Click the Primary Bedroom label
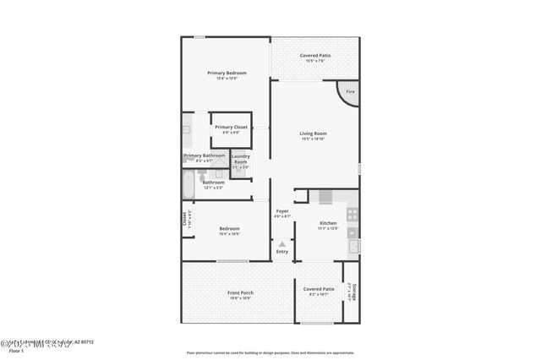pyautogui.click(x=227, y=73)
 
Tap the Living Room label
pyautogui.click(x=313, y=134)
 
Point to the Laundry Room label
pyautogui.click(x=241, y=158)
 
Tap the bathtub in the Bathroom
pyautogui.click(x=189, y=183)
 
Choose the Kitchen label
pyautogui.click(x=328, y=223)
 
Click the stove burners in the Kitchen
pyautogui.click(x=352, y=215)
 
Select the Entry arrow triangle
pyautogui.click(x=282, y=244)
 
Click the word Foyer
pyautogui.click(x=282, y=210)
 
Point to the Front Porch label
pyautogui.click(x=241, y=292)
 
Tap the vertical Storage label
pyautogui.click(x=353, y=292)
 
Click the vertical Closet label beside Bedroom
pyautogui.click(x=185, y=219)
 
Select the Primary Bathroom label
pyautogui.click(x=205, y=155)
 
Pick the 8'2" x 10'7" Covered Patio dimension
pyautogui.click(x=318, y=294)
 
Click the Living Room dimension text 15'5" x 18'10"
pyautogui.click(x=313, y=139)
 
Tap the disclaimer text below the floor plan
pyautogui.click(x=270, y=352)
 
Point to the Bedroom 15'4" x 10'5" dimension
pyautogui.click(x=230, y=234)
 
